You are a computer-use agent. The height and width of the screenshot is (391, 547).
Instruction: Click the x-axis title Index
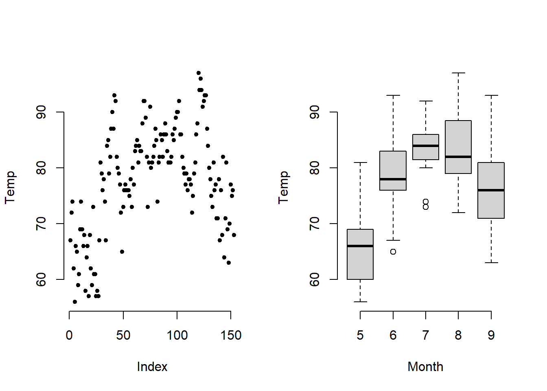click(152, 367)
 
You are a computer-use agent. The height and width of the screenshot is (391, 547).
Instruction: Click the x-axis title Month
click(425, 367)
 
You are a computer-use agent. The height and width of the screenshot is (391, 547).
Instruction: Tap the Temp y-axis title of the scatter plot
click(10, 187)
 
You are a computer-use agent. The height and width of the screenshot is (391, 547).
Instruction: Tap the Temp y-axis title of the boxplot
click(283, 187)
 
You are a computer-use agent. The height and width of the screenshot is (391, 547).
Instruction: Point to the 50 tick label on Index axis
click(123, 335)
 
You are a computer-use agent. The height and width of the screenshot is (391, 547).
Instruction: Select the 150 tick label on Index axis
click(231, 335)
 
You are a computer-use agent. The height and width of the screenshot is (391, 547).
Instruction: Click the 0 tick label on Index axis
click(69, 335)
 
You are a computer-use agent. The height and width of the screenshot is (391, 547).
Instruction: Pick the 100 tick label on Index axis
click(177, 335)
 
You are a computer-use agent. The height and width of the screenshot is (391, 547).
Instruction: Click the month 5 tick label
click(360, 335)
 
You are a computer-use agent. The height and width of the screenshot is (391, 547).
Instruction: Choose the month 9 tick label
click(491, 335)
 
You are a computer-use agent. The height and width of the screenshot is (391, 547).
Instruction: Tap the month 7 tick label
click(426, 335)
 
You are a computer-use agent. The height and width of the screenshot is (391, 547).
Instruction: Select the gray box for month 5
click(360, 261)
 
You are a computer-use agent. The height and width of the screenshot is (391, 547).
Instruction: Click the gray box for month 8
click(458, 138)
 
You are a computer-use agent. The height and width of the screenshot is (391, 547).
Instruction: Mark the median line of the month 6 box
click(393, 179)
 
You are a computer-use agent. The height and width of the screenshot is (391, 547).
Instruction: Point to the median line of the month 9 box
click(491, 190)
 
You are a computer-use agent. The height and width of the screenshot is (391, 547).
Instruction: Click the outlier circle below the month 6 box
click(393, 252)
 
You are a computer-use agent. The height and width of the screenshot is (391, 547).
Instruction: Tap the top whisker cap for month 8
click(458, 73)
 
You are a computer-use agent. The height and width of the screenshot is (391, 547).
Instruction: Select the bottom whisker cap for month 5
click(360, 302)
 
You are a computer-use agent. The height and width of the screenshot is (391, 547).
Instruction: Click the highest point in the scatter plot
click(199, 73)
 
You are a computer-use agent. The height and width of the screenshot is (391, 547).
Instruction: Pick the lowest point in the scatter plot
click(75, 302)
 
